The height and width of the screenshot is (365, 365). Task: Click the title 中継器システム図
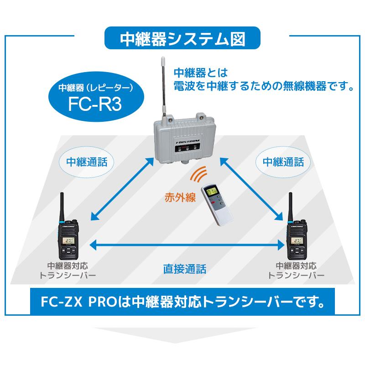pyautogui.click(x=182, y=39)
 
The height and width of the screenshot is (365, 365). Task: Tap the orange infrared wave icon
pyautogui.click(x=199, y=175)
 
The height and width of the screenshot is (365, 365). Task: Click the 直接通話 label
pyautogui.click(x=184, y=268)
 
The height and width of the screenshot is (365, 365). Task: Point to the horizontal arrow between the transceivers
pyautogui.click(x=184, y=245)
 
